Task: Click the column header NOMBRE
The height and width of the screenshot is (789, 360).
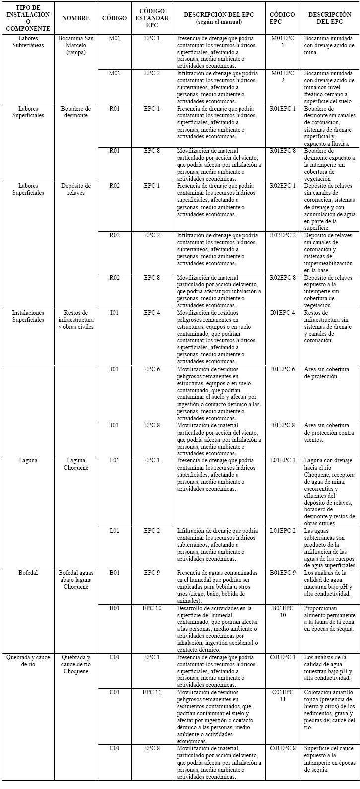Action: (76, 18)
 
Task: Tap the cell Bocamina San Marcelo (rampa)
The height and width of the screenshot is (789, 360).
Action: (76, 45)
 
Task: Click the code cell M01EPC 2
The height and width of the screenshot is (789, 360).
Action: (283, 76)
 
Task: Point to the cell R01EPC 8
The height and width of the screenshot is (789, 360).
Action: (283, 151)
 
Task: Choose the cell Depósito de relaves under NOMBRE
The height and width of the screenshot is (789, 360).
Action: (76, 189)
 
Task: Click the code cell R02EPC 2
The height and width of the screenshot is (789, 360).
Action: (283, 235)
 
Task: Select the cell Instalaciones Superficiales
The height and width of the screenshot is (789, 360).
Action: (28, 316)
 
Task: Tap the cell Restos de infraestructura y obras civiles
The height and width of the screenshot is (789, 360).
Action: (76, 320)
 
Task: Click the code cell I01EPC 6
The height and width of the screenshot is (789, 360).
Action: (283, 369)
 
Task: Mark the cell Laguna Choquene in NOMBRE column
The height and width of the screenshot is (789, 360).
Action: (76, 464)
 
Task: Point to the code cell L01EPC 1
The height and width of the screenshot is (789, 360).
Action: (283, 460)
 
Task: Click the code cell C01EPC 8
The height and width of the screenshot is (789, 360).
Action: (283, 748)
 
